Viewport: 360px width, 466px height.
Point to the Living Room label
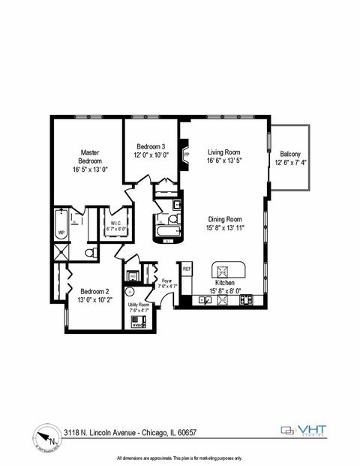pos(223,151)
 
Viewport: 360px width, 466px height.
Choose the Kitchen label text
pos(225,283)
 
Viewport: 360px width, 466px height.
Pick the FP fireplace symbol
pos(186,157)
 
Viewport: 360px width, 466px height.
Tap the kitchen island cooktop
pos(222,270)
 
